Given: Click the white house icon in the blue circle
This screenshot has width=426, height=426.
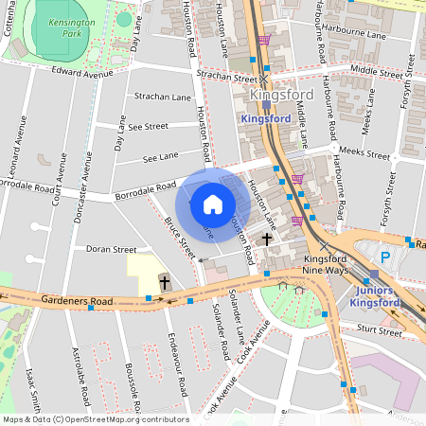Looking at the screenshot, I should point(213,204).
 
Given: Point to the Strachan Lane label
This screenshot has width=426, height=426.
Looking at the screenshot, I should point(163,97).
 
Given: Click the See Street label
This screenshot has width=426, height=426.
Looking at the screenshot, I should point(148,126).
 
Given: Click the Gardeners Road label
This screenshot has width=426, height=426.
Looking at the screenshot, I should point(77,301).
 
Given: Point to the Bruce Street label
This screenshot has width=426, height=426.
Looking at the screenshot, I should point(179,237).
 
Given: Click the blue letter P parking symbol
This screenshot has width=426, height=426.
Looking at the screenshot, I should point(384,257).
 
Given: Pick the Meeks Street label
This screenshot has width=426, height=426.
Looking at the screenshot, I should point(364,154).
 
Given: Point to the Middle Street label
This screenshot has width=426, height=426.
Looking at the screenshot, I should point(375,70).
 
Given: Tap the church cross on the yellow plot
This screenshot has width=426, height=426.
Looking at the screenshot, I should point(165,281).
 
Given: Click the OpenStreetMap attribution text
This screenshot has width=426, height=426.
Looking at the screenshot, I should point(95,419).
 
